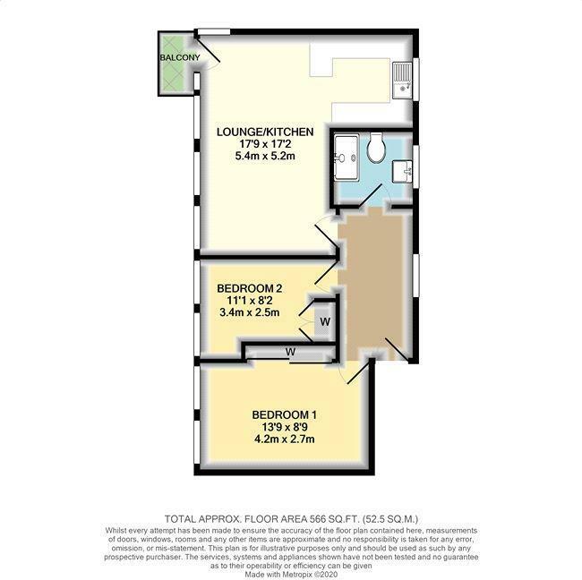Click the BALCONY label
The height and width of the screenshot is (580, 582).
click(x=180, y=57)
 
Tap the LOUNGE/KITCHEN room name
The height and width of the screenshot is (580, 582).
click(x=264, y=132)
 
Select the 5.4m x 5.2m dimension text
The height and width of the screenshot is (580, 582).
click(x=264, y=157)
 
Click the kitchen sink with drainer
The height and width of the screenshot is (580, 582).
click(x=404, y=79)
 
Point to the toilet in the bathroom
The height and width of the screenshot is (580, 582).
click(x=377, y=149)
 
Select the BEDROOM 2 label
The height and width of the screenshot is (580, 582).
click(x=250, y=288)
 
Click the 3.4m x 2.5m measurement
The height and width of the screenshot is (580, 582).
click(x=250, y=313)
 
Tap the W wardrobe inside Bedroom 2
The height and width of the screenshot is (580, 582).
click(x=325, y=320)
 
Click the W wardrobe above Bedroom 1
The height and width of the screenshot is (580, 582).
click(x=290, y=352)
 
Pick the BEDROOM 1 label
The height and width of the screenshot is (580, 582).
click(x=284, y=415)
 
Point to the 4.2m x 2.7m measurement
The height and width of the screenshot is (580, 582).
click(x=284, y=440)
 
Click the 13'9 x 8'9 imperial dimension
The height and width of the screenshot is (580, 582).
click(x=284, y=428)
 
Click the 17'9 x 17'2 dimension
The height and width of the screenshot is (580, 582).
click(x=264, y=144)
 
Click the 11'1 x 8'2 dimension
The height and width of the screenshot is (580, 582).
click(x=250, y=301)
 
